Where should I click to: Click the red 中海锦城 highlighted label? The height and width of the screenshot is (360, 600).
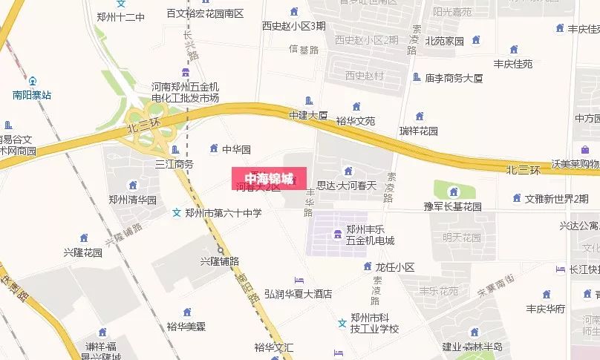click(269, 178)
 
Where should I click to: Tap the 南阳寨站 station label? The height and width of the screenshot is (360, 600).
click(32, 95)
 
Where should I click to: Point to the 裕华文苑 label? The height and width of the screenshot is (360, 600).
click(355, 120)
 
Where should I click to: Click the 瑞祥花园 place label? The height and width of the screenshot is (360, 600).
click(418, 131)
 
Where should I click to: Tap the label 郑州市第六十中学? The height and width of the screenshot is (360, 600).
click(224, 213)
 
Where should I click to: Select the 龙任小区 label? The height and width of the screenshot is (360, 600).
click(394, 266)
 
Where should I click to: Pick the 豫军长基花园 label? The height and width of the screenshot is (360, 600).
click(453, 206)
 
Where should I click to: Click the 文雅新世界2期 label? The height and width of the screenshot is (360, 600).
click(556, 198)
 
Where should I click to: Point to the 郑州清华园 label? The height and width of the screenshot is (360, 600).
click(132, 200)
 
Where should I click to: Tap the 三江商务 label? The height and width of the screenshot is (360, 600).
click(173, 164)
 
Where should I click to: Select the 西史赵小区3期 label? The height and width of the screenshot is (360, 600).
click(293, 25)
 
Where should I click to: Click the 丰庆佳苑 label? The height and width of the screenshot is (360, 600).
click(513, 64)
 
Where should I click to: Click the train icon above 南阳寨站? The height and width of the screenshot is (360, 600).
click(32, 81)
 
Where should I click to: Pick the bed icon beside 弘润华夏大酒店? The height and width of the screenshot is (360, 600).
click(299, 280)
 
